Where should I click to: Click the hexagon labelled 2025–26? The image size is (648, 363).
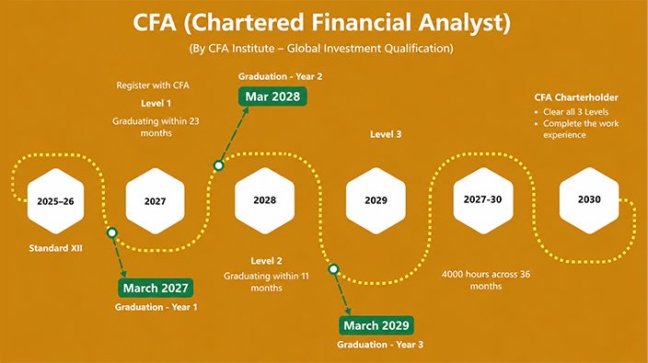(56, 201)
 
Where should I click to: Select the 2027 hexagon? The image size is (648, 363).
(155, 201)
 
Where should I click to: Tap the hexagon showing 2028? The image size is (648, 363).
(264, 200)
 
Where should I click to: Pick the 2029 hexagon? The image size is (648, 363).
(376, 200)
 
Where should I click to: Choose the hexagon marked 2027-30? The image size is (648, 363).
(482, 200)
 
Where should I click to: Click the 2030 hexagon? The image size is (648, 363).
(589, 200)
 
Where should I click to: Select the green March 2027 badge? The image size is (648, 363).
(156, 288)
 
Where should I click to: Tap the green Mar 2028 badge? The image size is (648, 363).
(272, 96)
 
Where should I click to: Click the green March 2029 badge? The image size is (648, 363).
(376, 325)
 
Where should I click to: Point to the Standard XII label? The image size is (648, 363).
(56, 248)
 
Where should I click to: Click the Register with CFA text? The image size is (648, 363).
(153, 85)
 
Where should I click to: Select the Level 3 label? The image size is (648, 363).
(386, 134)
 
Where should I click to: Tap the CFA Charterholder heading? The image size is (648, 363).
(576, 97)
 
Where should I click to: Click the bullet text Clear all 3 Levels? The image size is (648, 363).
(575, 112)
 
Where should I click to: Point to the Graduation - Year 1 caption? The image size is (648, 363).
(156, 307)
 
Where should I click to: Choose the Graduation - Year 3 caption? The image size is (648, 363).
(380, 345)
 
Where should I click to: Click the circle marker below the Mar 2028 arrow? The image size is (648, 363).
(219, 165)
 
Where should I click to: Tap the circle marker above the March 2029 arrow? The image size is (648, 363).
(333, 269)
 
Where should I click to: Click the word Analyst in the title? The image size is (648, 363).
(464, 22)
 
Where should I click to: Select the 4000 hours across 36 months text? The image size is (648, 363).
(486, 280)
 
